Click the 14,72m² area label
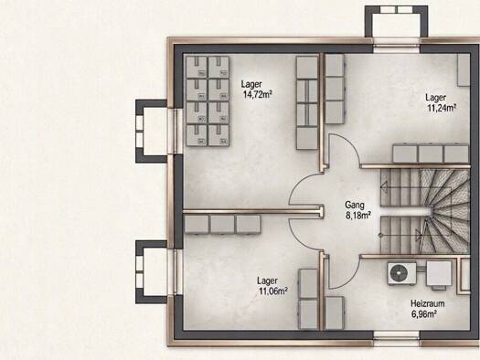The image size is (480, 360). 258,94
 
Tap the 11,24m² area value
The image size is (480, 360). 442,108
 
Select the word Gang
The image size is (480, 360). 355,205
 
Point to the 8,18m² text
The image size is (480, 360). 358,216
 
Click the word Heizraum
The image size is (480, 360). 428,303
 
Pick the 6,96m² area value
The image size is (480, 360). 424,314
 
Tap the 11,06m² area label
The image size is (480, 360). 273,291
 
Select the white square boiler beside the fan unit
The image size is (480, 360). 439,274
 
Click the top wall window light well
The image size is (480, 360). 397,21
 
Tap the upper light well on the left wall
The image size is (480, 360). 152,131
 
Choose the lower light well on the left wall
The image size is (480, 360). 152,272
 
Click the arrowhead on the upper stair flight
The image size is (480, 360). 384,186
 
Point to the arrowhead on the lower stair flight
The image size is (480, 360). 418,236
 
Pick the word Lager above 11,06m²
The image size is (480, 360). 268,281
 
